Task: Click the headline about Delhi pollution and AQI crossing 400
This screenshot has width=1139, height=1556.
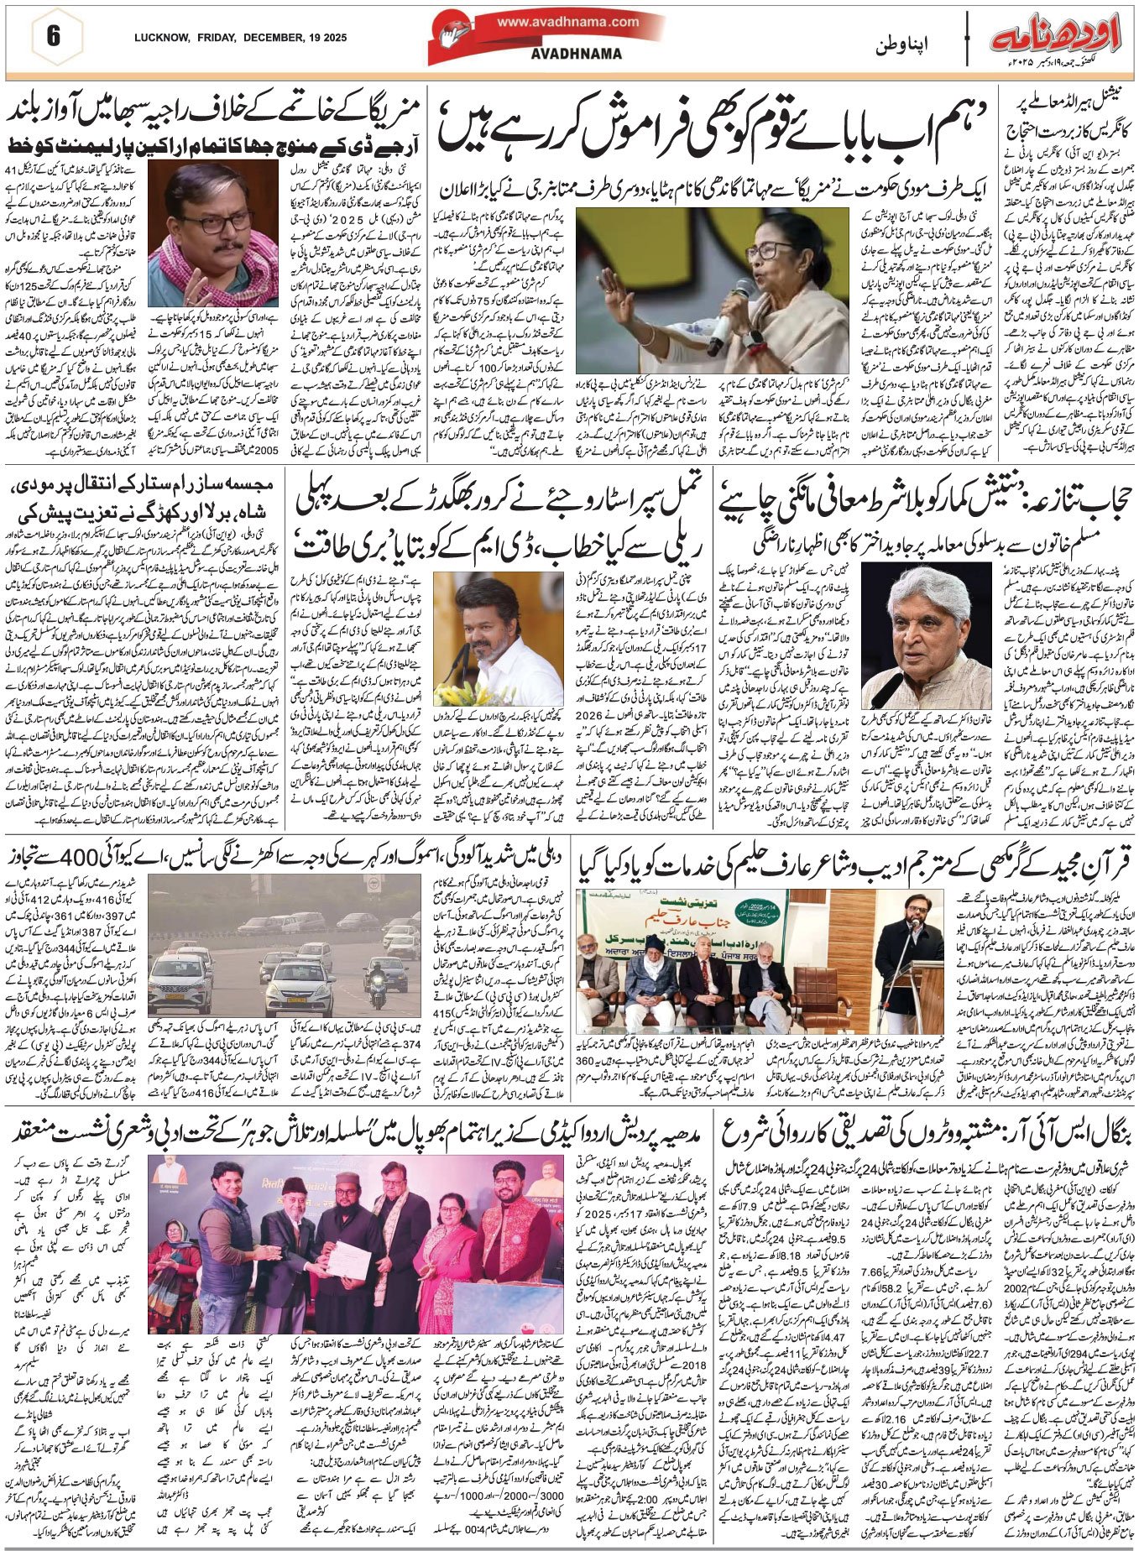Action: pyautogui.click(x=285, y=859)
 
